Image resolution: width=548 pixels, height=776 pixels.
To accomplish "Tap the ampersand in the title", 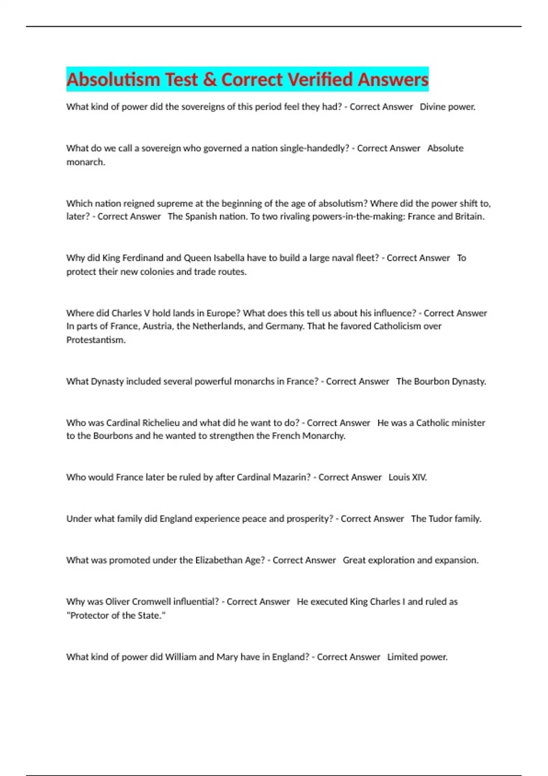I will pos(210,79).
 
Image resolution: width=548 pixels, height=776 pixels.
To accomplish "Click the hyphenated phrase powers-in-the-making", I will pos(358,216).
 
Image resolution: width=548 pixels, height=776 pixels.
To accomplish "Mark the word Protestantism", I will pos(95,340).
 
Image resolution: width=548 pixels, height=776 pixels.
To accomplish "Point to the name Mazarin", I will pos(291,477).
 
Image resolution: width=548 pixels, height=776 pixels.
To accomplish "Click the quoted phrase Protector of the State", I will pos(116,615).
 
